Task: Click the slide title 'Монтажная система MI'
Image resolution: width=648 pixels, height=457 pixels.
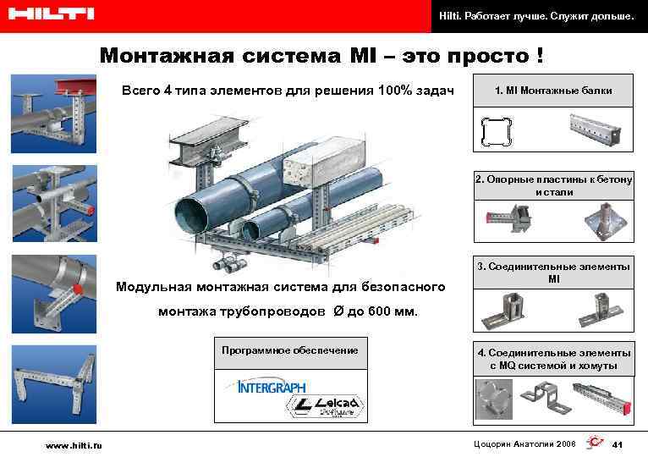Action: (321, 56)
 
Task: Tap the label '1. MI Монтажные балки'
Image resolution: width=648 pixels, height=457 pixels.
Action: (553, 91)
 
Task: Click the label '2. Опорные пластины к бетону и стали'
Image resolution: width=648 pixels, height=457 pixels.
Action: (553, 186)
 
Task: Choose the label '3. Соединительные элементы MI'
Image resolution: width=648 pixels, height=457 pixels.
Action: (553, 273)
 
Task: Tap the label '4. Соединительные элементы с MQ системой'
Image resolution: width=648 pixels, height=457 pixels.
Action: (553, 359)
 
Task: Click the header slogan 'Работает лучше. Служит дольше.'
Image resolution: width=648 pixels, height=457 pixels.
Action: (535, 15)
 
